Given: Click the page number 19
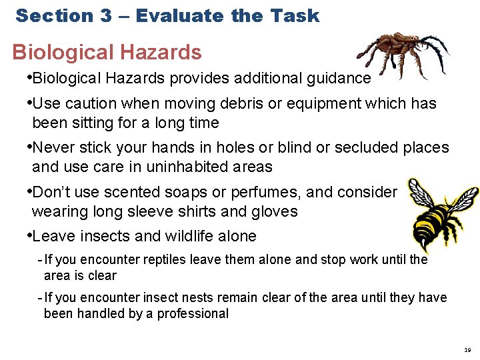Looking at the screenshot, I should point(467,349).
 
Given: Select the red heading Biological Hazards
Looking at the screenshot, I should point(107,52).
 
